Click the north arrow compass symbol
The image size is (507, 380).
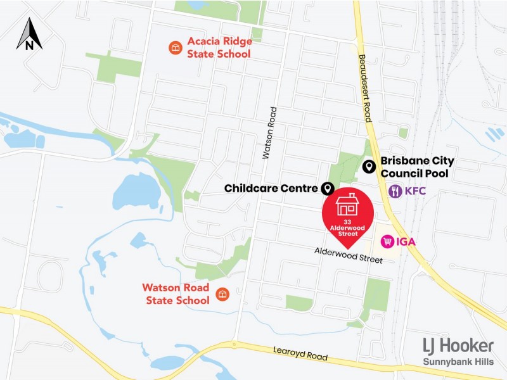pyautogui.click(x=29, y=34)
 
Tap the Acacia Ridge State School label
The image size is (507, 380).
pyautogui.click(x=219, y=47)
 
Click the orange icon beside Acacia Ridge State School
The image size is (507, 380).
pyautogui.click(x=174, y=47)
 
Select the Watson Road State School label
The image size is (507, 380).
pyautogui.click(x=176, y=294)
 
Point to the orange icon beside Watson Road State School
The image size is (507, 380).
pyautogui.click(x=222, y=294)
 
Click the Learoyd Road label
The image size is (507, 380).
pyautogui.click(x=300, y=353)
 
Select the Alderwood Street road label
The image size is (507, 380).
pyautogui.click(x=349, y=255)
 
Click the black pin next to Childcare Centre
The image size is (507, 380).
pyautogui.click(x=328, y=188)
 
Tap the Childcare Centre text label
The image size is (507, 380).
pyautogui.click(x=271, y=189)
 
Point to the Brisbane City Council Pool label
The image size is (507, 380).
pyautogui.click(x=417, y=167)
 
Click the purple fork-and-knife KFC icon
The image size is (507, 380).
pyautogui.click(x=395, y=191)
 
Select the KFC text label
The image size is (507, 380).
pyautogui.click(x=416, y=191)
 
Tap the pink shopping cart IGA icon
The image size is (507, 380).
pyautogui.click(x=387, y=241)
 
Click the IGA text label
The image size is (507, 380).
pyautogui.click(x=407, y=241)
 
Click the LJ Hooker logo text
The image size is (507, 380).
pyautogui.click(x=458, y=346)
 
